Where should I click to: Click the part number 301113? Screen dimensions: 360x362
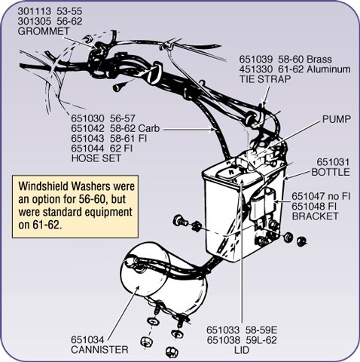click(x=34, y=11)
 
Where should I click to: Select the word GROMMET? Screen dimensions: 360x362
click(x=44, y=31)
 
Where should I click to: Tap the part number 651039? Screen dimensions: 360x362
click(x=256, y=60)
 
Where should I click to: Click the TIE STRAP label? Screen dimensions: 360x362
click(x=265, y=79)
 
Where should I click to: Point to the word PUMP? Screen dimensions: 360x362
click(x=337, y=119)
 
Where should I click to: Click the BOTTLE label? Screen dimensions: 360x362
click(x=331, y=172)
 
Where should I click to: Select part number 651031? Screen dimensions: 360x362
click(x=333, y=162)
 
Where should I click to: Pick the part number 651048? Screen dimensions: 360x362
click(x=309, y=206)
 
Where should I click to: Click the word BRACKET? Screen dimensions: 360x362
click(x=316, y=216)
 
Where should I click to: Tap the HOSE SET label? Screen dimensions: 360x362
click(x=96, y=158)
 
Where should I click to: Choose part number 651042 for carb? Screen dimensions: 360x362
click(x=87, y=128)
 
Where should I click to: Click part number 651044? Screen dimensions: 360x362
click(x=87, y=149)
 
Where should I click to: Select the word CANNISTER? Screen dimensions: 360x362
click(x=99, y=350)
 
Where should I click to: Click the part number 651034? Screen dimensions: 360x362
click(x=87, y=340)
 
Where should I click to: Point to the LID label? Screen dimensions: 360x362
click(x=242, y=350)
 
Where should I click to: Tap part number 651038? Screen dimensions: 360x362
click(x=224, y=340)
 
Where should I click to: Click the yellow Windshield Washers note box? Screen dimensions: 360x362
click(x=75, y=207)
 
